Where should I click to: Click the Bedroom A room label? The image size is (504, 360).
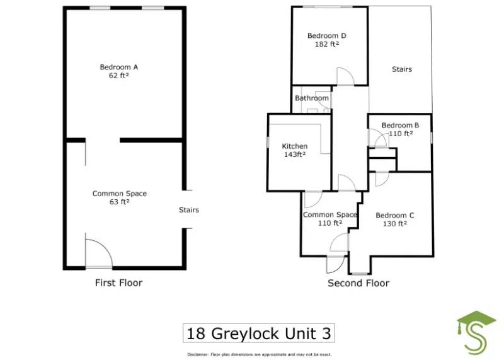pos(119,67)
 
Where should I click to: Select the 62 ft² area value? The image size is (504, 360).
pos(119,75)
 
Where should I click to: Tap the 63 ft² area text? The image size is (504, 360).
pos(119,202)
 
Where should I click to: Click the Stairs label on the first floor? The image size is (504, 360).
pos(188,210)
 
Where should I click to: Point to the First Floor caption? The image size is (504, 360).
pos(118,283)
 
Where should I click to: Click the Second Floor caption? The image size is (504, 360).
pos(358,283)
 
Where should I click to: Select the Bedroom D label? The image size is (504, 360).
pos(326,36)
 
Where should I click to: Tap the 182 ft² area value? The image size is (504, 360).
pos(326,44)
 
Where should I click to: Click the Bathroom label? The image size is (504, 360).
pos(312,98)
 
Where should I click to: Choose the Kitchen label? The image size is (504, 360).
pos(294,146)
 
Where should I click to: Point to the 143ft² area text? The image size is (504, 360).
pos(294,154)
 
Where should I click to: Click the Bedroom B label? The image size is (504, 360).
pos(400,125)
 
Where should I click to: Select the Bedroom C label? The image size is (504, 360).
pos(394,215)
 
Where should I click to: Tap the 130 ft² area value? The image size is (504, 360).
pos(394,223)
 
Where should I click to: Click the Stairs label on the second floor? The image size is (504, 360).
pos(401,69)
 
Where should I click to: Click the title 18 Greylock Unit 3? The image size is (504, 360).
pos(258,332)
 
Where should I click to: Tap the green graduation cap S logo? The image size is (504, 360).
pos(476,332)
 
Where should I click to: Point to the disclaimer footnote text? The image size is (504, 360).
pos(258,354)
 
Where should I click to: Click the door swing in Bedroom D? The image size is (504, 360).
pos(345,76)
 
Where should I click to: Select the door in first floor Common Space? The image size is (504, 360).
pos(98,254)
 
